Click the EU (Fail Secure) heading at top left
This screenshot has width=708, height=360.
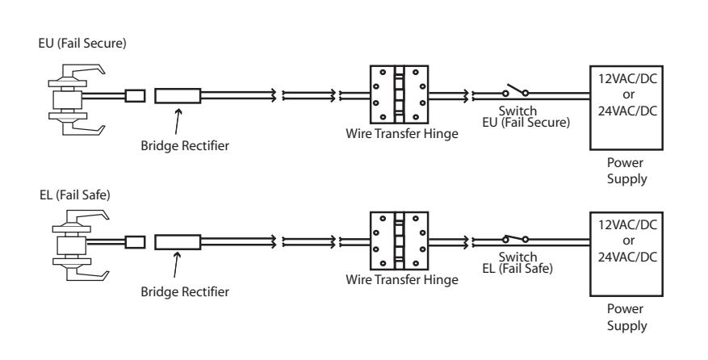point(82,44)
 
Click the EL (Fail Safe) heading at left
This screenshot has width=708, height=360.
point(75,195)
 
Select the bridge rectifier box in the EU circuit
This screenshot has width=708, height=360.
point(178,96)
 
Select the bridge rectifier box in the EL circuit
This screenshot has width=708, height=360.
point(178,242)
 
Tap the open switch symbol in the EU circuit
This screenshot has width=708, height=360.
point(516,90)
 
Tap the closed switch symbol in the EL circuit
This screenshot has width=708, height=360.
point(516,238)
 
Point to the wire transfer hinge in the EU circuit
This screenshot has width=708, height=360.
point(399,94)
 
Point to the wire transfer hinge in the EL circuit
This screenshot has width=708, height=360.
point(399,241)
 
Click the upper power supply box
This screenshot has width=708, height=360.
point(626,108)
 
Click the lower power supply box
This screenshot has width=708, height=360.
point(626,253)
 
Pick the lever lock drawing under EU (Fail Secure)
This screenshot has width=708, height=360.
point(77,99)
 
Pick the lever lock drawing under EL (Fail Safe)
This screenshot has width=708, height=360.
point(81,245)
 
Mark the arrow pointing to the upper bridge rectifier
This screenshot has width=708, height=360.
point(178,121)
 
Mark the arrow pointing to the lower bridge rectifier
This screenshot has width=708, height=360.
point(177,265)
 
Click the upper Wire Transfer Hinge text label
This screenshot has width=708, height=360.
point(402,134)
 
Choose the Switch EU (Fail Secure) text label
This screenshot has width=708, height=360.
point(526,116)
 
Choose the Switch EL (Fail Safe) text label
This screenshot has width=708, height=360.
point(517,263)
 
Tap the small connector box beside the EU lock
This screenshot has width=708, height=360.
point(135,96)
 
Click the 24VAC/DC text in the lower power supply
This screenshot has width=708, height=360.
point(627,257)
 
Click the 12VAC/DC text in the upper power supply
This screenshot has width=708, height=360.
point(627,78)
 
